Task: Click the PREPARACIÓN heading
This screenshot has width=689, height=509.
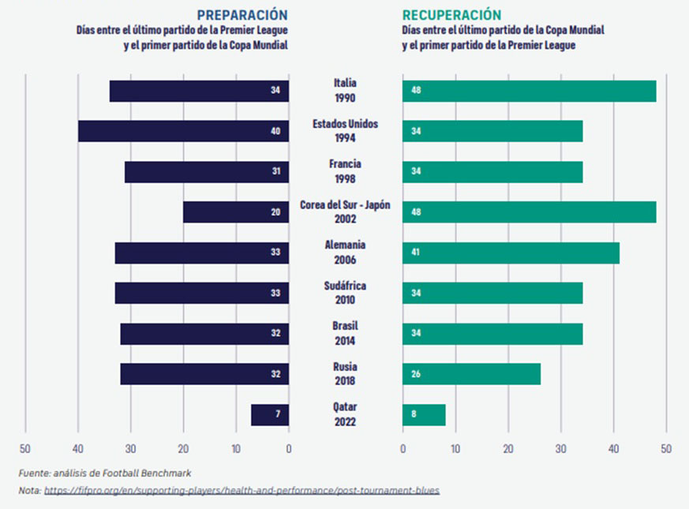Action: point(242,15)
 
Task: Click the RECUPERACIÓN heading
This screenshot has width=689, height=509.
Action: point(451,15)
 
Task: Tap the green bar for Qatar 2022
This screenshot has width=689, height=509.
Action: point(424,415)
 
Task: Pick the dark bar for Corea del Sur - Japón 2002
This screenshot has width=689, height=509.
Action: point(236,212)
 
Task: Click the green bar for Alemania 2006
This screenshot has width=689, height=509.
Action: point(511,253)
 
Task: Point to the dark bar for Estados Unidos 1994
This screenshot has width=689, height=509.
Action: point(183,131)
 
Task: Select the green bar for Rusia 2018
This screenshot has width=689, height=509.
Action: point(471,374)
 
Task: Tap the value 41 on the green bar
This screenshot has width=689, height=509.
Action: point(416,253)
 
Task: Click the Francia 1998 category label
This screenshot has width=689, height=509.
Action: point(345,171)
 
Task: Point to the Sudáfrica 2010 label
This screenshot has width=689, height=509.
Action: point(345,293)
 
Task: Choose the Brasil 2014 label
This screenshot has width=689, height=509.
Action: point(345,334)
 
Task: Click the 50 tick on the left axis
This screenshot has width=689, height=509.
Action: point(25,450)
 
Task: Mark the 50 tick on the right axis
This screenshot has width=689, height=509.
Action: point(666,450)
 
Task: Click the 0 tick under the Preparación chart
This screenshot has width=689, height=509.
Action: point(289,450)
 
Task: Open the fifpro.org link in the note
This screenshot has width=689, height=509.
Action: point(242,491)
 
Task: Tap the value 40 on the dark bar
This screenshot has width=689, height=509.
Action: point(275,131)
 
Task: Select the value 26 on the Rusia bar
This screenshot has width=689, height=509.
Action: point(416,374)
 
